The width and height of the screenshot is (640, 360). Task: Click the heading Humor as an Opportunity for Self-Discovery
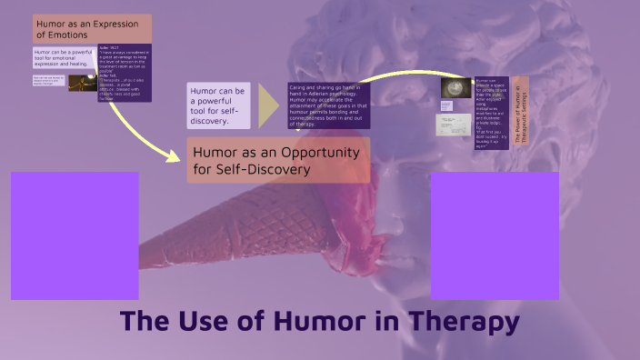coord(278,160)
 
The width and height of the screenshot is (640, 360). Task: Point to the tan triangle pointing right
coord(267,106)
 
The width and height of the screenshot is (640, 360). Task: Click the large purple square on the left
coord(75,235)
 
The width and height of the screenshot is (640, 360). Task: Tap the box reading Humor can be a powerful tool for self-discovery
coord(218,105)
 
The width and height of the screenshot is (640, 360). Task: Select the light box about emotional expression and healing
coord(63,58)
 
